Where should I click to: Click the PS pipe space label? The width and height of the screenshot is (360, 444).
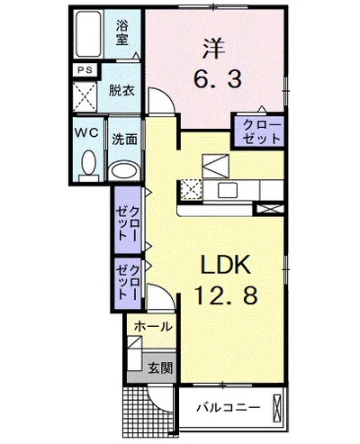85,70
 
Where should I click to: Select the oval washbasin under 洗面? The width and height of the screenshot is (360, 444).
124,170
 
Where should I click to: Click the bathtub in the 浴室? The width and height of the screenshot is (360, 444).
87,34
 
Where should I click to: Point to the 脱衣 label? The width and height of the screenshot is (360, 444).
121,91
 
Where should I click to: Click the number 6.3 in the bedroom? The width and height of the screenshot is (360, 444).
218,79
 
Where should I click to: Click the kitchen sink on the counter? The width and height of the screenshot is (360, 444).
228,190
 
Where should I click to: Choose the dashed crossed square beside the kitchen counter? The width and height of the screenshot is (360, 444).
191,190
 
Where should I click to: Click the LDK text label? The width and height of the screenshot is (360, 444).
226,265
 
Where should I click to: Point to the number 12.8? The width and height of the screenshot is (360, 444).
226,294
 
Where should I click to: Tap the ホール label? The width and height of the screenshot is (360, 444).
153,327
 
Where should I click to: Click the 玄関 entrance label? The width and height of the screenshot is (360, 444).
161,368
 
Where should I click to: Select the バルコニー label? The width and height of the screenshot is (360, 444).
228,407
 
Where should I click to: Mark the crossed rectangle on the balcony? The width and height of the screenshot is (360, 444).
276,409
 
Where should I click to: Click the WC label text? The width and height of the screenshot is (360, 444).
86,132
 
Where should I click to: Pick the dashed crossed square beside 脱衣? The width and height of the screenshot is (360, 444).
85,96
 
